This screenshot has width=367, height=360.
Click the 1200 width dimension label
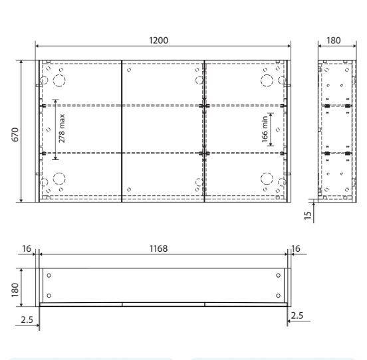(x=158, y=40)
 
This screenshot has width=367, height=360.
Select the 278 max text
(x=61, y=129)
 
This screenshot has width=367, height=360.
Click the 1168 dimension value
(x=158, y=248)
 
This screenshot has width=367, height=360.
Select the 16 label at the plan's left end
(x=26, y=248)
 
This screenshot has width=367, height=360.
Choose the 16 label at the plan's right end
(x=296, y=248)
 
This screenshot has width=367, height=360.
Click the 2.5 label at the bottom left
(x=27, y=319)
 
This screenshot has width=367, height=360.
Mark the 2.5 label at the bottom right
(x=297, y=315)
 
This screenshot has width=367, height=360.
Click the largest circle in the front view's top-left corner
(x=59, y=80)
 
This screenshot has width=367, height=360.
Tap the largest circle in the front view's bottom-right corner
(x=267, y=179)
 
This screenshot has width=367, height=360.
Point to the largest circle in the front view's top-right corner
(x=267, y=80)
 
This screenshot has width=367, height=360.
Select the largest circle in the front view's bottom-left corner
(x=59, y=179)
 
